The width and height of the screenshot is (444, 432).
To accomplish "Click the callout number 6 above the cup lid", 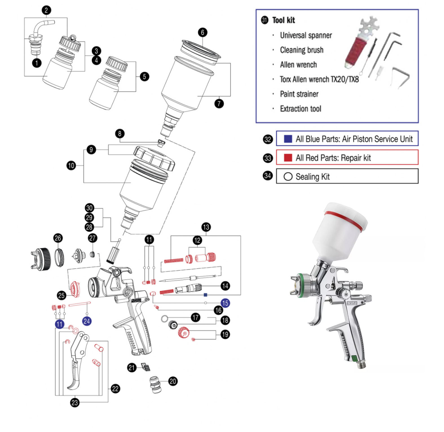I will (x=202, y=32).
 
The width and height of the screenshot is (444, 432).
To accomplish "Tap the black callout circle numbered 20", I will (x=173, y=381).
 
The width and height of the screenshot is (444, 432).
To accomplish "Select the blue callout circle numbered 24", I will (x=87, y=321).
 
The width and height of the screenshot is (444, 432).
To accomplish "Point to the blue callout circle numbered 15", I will (x=225, y=303).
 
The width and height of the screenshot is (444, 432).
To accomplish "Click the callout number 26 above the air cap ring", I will (x=58, y=238).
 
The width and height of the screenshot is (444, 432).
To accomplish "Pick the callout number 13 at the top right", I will (x=206, y=227).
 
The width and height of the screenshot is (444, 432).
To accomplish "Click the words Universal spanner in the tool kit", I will (x=306, y=35).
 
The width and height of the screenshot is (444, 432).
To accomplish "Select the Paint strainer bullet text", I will (x=299, y=94).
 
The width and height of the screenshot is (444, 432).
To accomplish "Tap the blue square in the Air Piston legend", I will (x=288, y=139).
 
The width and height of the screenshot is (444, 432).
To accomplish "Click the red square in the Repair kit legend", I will (x=288, y=158).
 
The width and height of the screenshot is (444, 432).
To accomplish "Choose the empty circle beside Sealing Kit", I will (x=288, y=177).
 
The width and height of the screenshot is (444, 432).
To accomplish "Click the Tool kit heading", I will (x=283, y=20).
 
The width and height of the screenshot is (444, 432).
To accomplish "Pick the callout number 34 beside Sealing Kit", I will (x=268, y=176).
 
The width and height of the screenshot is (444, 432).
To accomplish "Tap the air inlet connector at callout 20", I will (x=155, y=384).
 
